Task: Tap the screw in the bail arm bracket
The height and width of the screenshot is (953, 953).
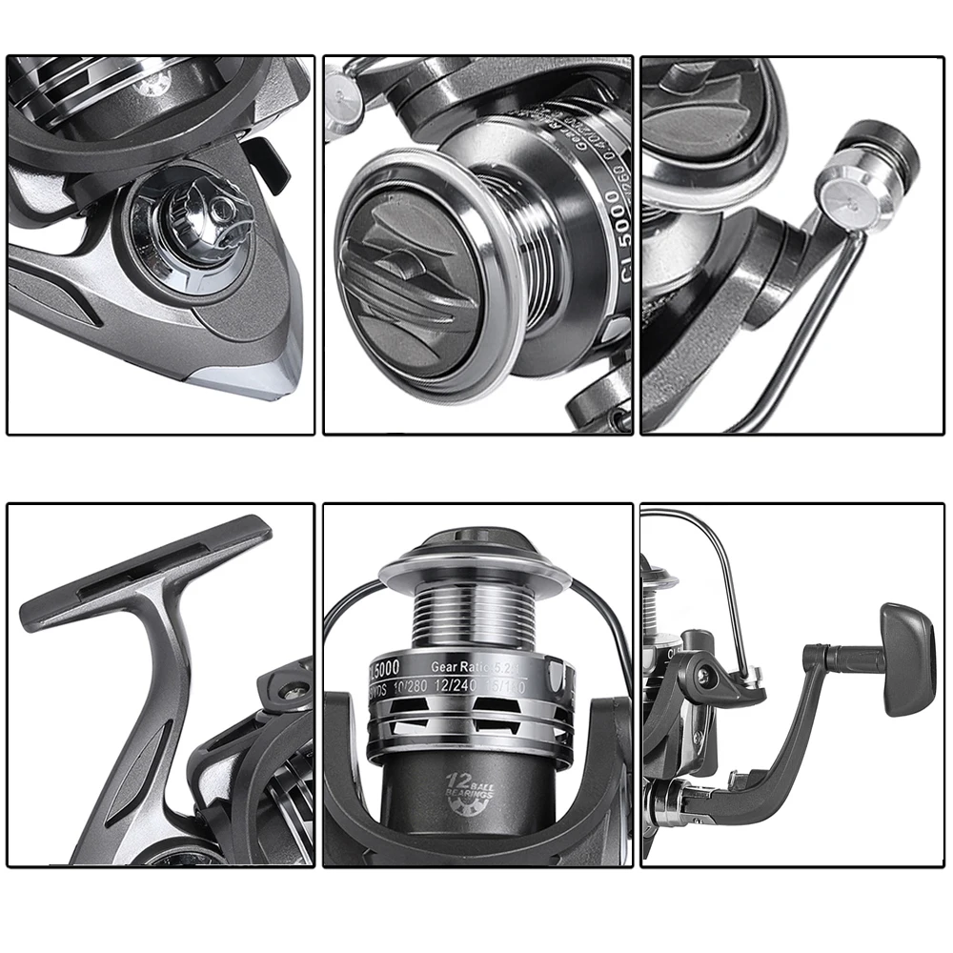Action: (703, 675)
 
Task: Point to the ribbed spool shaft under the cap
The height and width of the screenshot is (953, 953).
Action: (474, 619)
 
